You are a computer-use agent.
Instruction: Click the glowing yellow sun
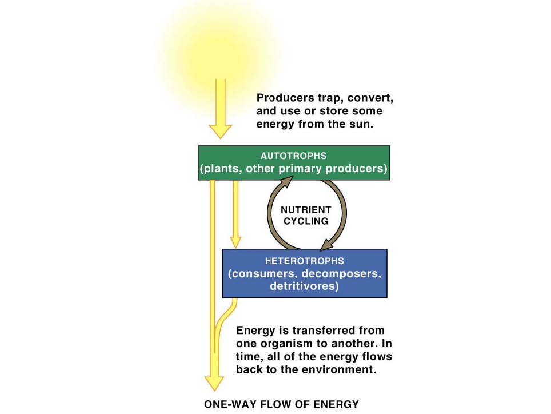220,49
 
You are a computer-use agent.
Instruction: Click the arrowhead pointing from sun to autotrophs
220,130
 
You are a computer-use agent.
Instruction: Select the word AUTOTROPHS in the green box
293,156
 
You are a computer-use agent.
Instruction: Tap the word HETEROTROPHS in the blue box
304,261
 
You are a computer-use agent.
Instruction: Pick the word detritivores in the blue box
304,286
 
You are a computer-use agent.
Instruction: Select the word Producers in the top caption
284,98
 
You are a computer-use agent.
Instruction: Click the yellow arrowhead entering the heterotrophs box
235,242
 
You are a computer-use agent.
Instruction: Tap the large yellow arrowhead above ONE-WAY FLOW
214,383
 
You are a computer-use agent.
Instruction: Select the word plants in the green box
219,169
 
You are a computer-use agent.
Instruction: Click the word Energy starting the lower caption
253,331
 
